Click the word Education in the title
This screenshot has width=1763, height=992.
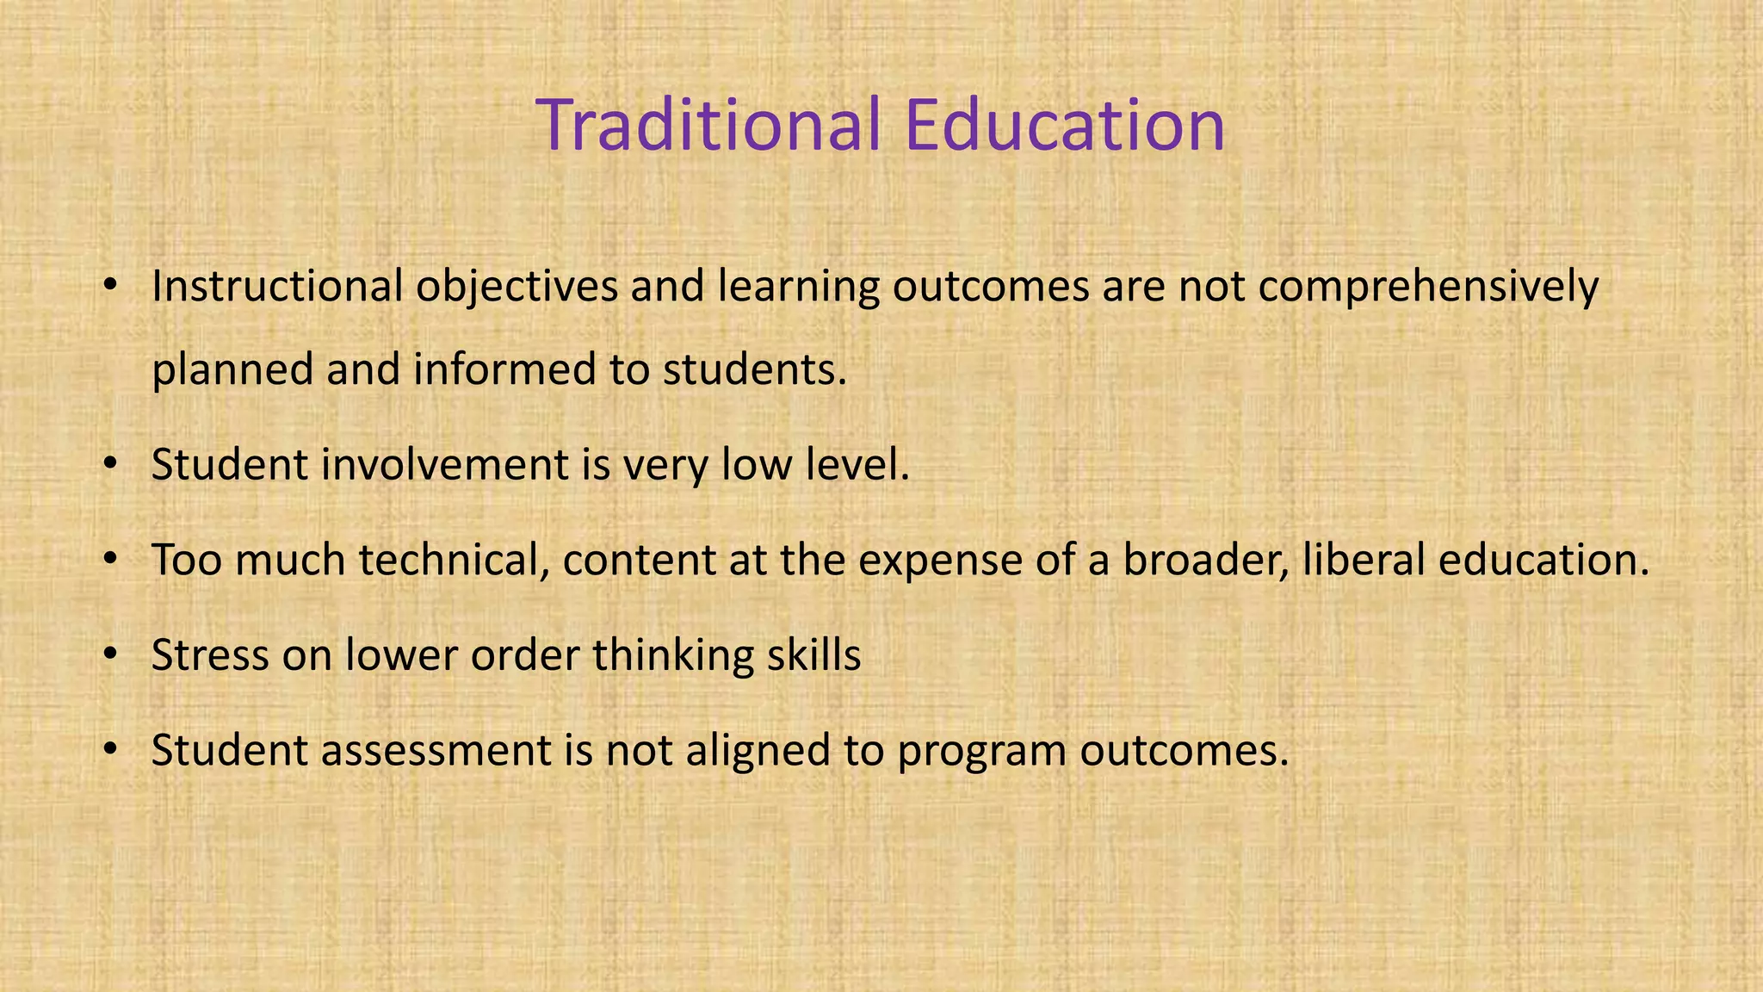(x=1065, y=126)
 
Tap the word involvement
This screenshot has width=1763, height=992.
(x=445, y=465)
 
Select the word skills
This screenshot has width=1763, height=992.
(x=813, y=655)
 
